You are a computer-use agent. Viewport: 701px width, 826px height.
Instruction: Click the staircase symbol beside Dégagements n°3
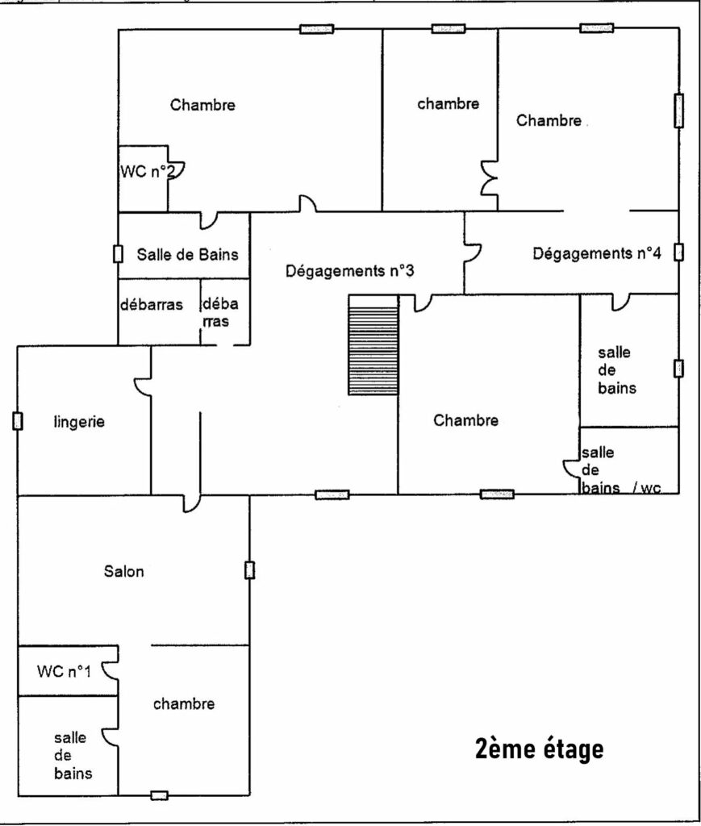(373, 345)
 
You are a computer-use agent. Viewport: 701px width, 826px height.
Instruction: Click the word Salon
(124, 572)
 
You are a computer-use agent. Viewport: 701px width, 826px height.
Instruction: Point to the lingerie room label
(80, 421)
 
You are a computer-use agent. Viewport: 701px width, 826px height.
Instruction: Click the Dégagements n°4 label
(597, 254)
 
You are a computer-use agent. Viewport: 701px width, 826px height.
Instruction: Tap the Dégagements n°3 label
(350, 271)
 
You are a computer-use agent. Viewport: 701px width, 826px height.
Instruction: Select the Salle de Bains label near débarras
(187, 255)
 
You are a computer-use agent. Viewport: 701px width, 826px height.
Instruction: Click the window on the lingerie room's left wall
(17, 421)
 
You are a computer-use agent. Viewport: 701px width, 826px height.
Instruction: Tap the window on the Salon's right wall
(249, 569)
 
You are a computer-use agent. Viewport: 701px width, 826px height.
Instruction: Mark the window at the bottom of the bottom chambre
(160, 795)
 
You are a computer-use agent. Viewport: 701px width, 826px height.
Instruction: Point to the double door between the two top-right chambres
(489, 178)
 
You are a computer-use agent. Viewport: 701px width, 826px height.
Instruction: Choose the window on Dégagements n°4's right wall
(678, 252)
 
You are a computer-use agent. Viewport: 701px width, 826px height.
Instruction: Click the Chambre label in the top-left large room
(202, 105)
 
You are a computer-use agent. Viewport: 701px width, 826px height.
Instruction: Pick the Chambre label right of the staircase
(465, 420)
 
